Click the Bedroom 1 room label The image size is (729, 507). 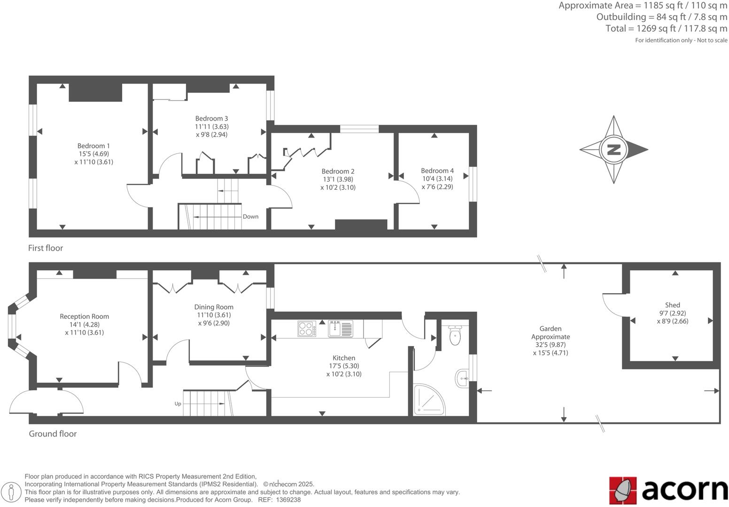click(93, 146)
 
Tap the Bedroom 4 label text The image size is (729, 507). click(437, 171)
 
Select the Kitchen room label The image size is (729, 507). click(344, 358)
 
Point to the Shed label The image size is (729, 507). click(672, 305)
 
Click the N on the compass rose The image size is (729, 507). click(613, 150)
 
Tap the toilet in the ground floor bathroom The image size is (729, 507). click(455, 336)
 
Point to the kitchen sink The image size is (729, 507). click(341, 329)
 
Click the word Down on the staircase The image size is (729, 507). click(250, 217)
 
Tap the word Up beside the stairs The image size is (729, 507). click(178, 404)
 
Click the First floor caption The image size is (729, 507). click(46, 248)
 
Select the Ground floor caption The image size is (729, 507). click(53, 434)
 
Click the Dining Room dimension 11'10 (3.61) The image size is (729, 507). click(214, 315)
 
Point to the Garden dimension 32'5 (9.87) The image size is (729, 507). click(550, 345)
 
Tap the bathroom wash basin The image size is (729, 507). click(461, 378)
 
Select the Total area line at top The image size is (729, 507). click(666, 29)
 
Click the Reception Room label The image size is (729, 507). click(85, 316)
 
